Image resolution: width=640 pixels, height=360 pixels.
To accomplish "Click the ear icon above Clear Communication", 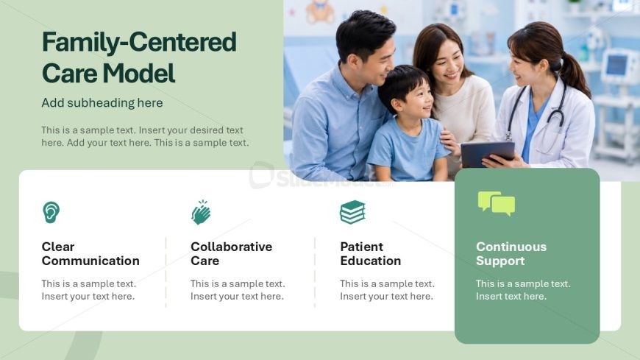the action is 51,212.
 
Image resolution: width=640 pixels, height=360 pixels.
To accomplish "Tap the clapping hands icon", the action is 201,213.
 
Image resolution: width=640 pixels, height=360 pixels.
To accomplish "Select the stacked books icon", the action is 352,212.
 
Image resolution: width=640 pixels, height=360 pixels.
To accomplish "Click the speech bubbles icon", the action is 497,203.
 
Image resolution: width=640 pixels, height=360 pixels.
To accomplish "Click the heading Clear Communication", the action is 90,254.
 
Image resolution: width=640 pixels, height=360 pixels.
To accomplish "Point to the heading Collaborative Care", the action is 232,254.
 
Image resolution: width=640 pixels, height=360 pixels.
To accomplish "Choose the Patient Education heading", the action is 371,254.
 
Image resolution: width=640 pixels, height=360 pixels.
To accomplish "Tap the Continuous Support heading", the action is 511,254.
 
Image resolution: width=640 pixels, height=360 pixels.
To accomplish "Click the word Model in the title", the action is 139,74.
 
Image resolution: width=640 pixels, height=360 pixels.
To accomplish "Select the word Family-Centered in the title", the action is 139,42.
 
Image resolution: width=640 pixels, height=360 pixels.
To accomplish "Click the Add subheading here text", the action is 102,102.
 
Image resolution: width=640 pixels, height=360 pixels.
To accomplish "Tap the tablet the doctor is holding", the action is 488,154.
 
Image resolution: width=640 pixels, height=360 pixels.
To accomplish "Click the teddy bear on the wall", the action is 319,11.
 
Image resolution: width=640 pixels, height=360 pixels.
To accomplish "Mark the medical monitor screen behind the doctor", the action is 616,66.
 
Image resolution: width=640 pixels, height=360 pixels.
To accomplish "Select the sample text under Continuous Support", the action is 523,290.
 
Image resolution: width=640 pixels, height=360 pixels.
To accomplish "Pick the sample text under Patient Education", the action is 388,290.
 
